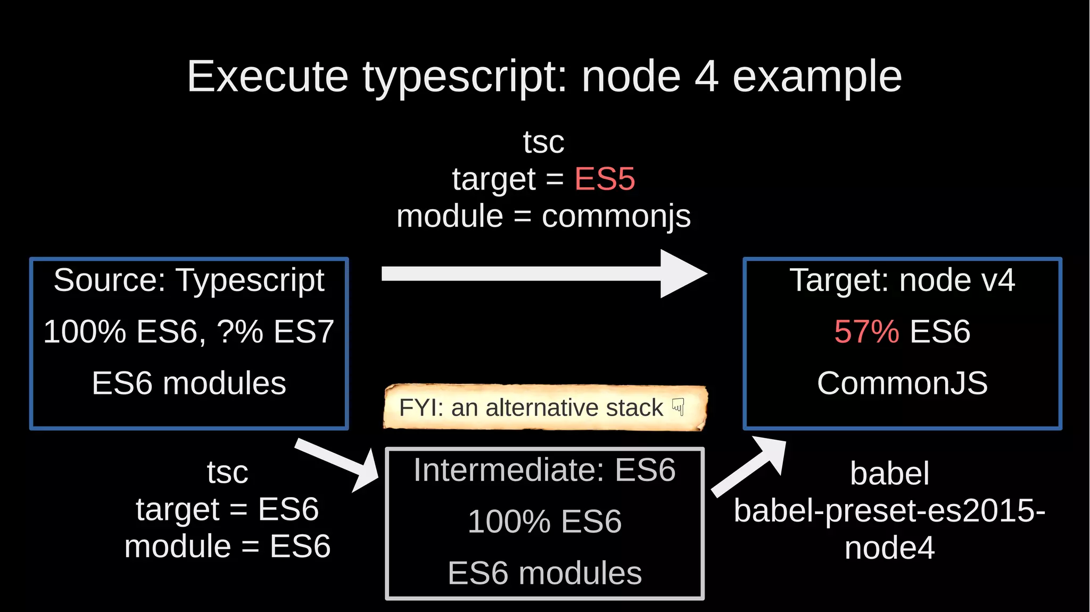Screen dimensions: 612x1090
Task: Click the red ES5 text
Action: (605, 179)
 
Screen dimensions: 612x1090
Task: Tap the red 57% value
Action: (866, 332)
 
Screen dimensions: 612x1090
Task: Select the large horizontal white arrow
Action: (543, 274)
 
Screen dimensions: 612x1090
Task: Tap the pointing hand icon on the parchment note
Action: (678, 407)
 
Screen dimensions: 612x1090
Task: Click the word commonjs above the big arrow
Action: (616, 217)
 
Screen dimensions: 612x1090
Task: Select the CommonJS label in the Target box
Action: (902, 383)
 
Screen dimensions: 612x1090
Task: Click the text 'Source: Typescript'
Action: (189, 280)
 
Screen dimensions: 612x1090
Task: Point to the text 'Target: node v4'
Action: (902, 280)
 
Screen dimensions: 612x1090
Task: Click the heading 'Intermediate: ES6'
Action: (544, 470)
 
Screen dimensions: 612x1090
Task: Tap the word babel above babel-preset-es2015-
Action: (889, 473)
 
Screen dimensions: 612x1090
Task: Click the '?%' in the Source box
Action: (240, 332)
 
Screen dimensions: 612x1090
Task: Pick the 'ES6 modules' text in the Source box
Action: (189, 383)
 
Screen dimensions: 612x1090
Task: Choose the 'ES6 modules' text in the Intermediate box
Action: (544, 573)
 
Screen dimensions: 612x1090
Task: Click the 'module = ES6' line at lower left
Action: (227, 547)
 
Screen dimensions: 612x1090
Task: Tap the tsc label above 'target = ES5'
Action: (543, 142)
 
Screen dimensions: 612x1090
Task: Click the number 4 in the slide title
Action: (706, 77)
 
